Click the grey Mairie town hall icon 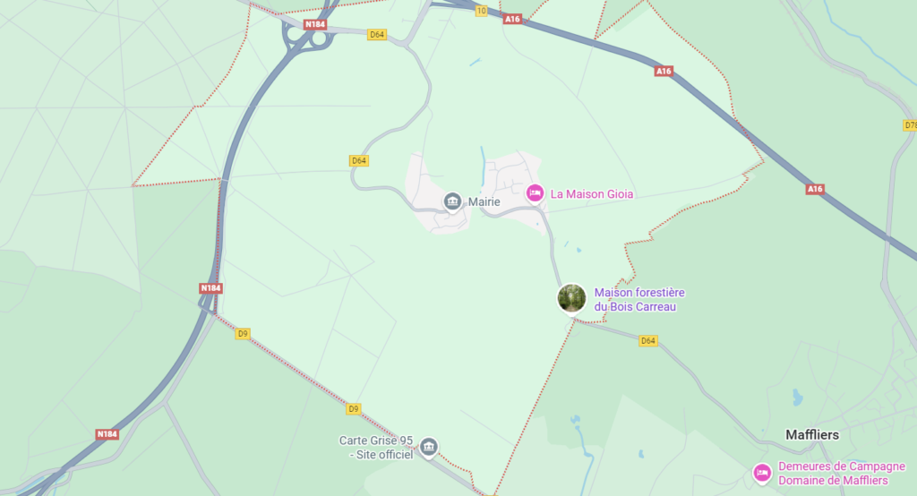(x=453, y=201)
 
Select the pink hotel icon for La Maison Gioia (x=535, y=192)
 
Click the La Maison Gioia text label (x=592, y=193)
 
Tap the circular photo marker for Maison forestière (x=571, y=297)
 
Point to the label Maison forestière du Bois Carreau (x=639, y=300)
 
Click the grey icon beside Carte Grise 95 (x=429, y=447)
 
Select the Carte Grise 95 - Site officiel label (x=376, y=447)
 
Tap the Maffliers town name (x=811, y=434)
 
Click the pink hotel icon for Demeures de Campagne (x=762, y=472)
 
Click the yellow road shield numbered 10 (x=482, y=11)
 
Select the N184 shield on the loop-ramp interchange (x=314, y=24)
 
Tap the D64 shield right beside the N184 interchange (x=377, y=35)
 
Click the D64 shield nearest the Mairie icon (x=359, y=160)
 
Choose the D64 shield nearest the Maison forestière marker (x=648, y=340)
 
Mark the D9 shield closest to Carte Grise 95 (x=354, y=408)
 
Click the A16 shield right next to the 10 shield (x=512, y=19)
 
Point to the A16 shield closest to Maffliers (x=814, y=189)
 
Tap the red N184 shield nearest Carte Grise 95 (x=107, y=434)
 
